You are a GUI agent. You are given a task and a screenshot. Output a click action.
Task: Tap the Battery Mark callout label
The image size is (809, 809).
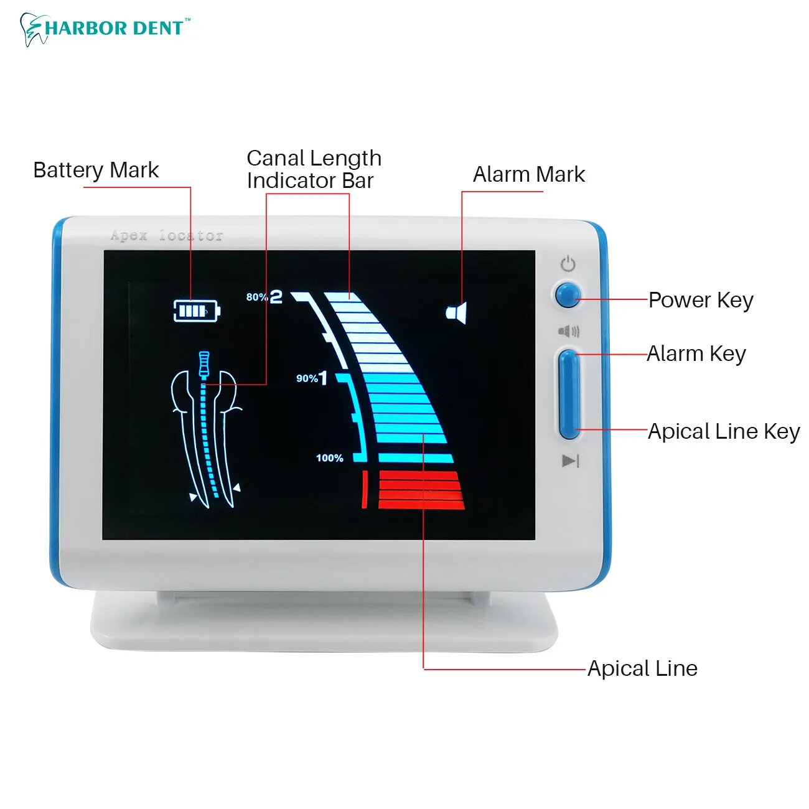pyautogui.click(x=96, y=170)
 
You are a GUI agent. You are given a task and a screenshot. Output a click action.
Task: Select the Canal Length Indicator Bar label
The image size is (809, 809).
pyautogui.click(x=314, y=169)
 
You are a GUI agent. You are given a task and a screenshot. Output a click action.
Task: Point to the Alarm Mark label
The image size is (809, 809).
pyautogui.click(x=529, y=174)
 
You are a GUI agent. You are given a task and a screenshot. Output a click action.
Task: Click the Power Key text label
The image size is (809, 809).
pyautogui.click(x=701, y=300)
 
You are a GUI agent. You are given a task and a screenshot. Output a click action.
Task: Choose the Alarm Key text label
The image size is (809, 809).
pyautogui.click(x=696, y=353)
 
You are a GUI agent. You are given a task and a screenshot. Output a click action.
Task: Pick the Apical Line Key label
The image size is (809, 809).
pyautogui.click(x=724, y=431)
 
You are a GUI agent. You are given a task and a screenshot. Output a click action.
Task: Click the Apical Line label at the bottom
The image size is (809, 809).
pyautogui.click(x=642, y=668)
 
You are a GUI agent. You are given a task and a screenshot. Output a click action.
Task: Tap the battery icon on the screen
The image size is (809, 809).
pyautogui.click(x=196, y=310)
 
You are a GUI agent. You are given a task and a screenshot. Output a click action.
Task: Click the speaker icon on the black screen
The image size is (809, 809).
pyautogui.click(x=457, y=312)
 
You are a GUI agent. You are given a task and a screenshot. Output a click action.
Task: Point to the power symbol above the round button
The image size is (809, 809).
pyautogui.click(x=568, y=264)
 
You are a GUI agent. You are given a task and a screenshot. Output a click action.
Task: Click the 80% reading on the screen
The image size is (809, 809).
pyautogui.click(x=256, y=297)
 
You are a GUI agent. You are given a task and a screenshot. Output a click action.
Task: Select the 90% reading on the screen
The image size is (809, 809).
pyautogui.click(x=307, y=378)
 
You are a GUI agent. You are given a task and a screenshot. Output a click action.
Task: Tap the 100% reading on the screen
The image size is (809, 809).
pyautogui.click(x=329, y=458)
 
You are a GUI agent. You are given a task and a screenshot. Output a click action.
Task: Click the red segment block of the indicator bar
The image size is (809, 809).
pyautogui.click(x=421, y=490)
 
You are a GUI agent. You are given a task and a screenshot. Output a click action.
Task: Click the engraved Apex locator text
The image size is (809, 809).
pyautogui.click(x=166, y=236)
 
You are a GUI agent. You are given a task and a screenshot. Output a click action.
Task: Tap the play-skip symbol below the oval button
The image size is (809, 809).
pyautogui.click(x=570, y=461)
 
